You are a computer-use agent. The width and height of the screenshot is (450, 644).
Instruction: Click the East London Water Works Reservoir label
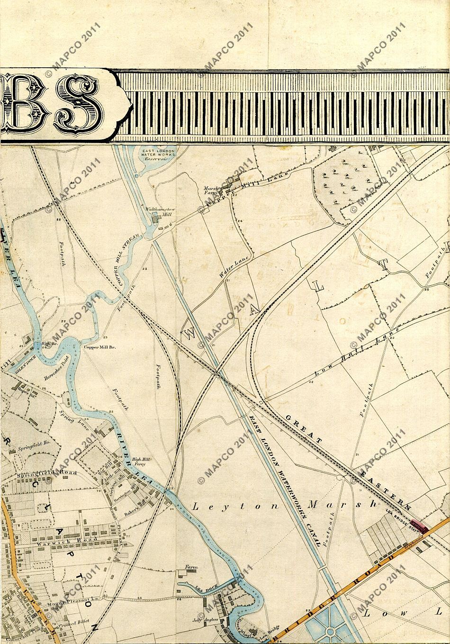[x=159, y=155]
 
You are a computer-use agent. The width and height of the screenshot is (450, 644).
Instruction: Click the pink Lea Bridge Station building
[x=419, y=526]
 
